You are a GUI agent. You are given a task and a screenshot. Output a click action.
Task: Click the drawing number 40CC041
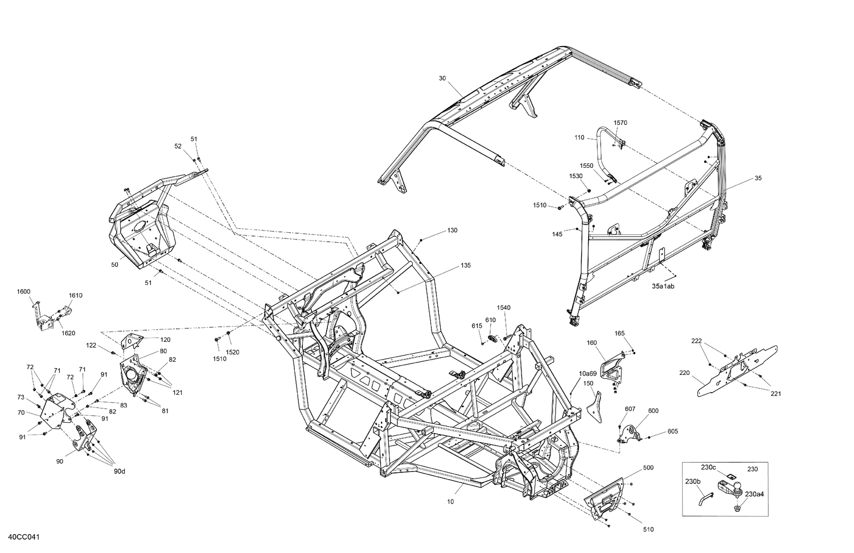tap(23, 537)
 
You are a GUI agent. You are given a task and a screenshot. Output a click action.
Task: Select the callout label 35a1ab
tap(663, 287)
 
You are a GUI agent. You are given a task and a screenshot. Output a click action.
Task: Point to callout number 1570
tap(620, 123)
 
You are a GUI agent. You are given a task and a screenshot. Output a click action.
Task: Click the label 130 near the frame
tap(452, 230)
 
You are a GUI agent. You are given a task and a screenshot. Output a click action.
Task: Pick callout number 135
tap(466, 265)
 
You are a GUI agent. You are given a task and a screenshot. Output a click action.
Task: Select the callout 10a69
tap(588, 373)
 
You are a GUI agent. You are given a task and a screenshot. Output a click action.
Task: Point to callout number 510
tap(648, 529)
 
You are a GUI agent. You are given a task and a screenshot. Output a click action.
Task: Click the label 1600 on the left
tap(23, 291)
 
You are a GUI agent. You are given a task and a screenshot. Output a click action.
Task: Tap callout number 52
tap(178, 146)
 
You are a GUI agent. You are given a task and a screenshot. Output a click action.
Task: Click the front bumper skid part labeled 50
tap(139, 228)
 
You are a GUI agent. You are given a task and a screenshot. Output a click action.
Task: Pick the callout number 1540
tap(503, 307)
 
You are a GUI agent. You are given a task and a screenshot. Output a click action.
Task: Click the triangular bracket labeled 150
tap(594, 404)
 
